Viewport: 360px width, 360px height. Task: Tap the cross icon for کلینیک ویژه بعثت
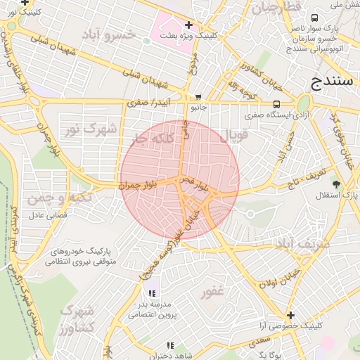point(188,25)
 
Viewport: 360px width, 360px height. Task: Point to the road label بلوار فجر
point(195,185)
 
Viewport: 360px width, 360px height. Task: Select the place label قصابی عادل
point(46,214)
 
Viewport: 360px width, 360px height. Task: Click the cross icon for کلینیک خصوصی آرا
point(290,315)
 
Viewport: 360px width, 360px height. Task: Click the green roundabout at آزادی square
point(304,103)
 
